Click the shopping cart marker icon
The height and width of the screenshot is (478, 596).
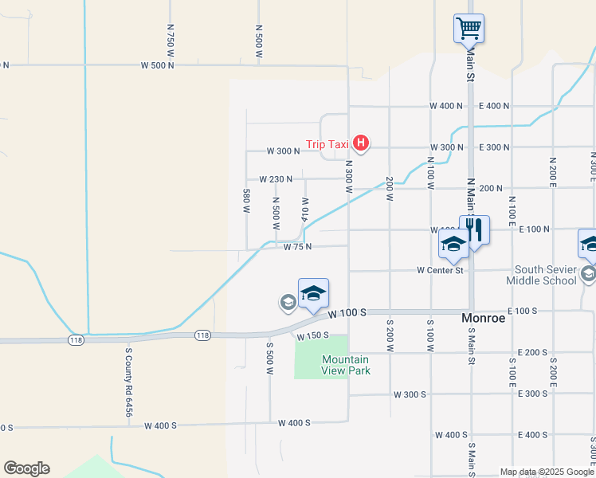[469, 29]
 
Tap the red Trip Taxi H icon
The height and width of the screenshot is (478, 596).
[361, 144]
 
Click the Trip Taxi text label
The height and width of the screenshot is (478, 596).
[327, 145]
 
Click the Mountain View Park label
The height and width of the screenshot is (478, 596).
[346, 365]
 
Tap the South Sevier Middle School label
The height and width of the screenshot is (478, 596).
[545, 275]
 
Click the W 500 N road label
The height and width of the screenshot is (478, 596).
[157, 65]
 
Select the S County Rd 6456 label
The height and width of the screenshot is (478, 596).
[127, 381]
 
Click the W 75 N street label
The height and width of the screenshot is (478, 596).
[297, 247]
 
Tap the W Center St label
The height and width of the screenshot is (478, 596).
[440, 271]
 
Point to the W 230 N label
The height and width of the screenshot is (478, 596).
[276, 179]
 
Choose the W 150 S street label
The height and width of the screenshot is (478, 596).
[313, 337]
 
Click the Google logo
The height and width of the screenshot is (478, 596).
[26, 468]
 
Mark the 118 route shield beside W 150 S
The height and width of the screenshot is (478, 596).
[202, 336]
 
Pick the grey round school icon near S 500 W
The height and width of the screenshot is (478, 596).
[288, 302]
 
